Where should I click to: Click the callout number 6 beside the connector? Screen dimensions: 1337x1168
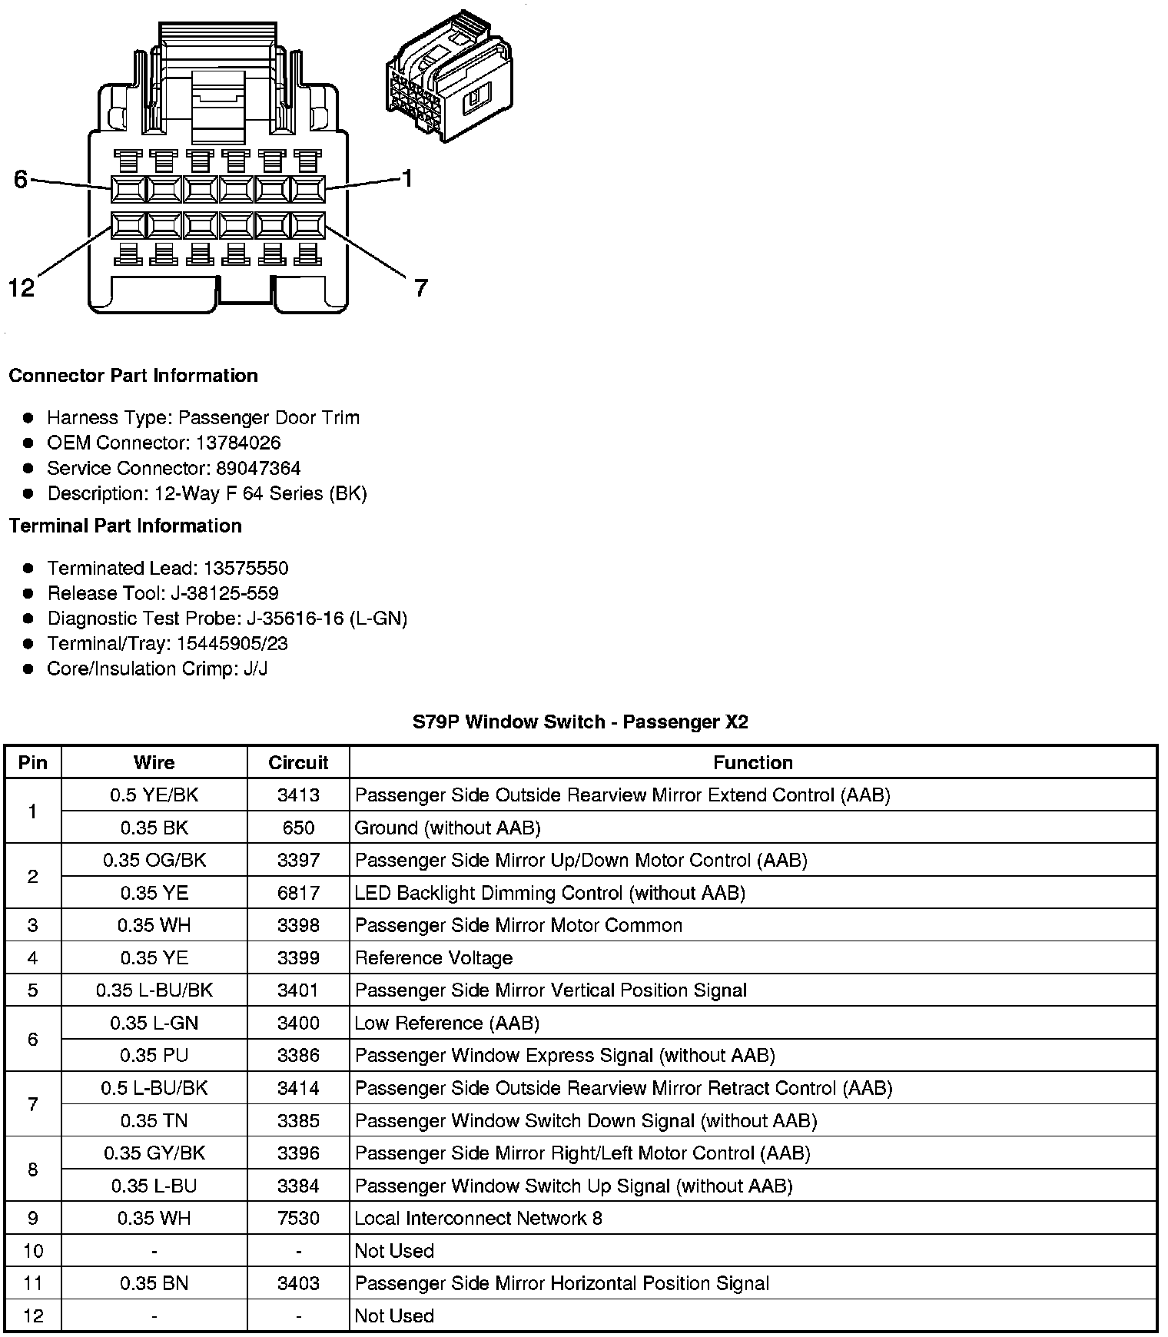pyautogui.click(x=21, y=179)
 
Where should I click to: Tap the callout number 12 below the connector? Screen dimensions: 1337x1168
pyautogui.click(x=22, y=288)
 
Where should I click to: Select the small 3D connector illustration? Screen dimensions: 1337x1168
pyautogui.click(x=449, y=78)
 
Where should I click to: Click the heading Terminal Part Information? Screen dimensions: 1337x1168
pyautogui.click(x=125, y=526)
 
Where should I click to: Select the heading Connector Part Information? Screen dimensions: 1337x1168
pyautogui.click(x=133, y=376)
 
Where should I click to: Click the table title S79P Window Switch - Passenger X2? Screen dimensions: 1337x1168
pyautogui.click(x=580, y=722)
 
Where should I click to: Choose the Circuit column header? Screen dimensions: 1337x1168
pyautogui.click(x=298, y=762)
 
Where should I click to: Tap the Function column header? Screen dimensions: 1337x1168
pyautogui.click(x=752, y=762)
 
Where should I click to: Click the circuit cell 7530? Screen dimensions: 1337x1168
pyautogui.click(x=298, y=1218)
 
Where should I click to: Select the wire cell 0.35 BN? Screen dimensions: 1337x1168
pyautogui.click(x=154, y=1283)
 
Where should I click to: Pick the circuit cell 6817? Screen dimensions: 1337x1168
pyautogui.click(x=298, y=893)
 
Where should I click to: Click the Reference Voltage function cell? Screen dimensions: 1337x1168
pyautogui.click(x=433, y=958)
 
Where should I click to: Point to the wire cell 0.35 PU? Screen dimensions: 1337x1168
pyautogui.click(x=154, y=1056)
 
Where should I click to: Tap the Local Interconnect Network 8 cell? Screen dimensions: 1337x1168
pyautogui.click(x=478, y=1218)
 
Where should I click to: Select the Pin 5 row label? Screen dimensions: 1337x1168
pyautogui.click(x=32, y=990)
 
